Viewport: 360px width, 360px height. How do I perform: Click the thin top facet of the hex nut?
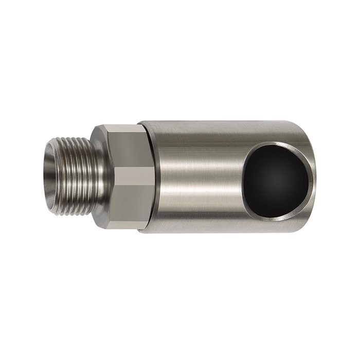(126, 128)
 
